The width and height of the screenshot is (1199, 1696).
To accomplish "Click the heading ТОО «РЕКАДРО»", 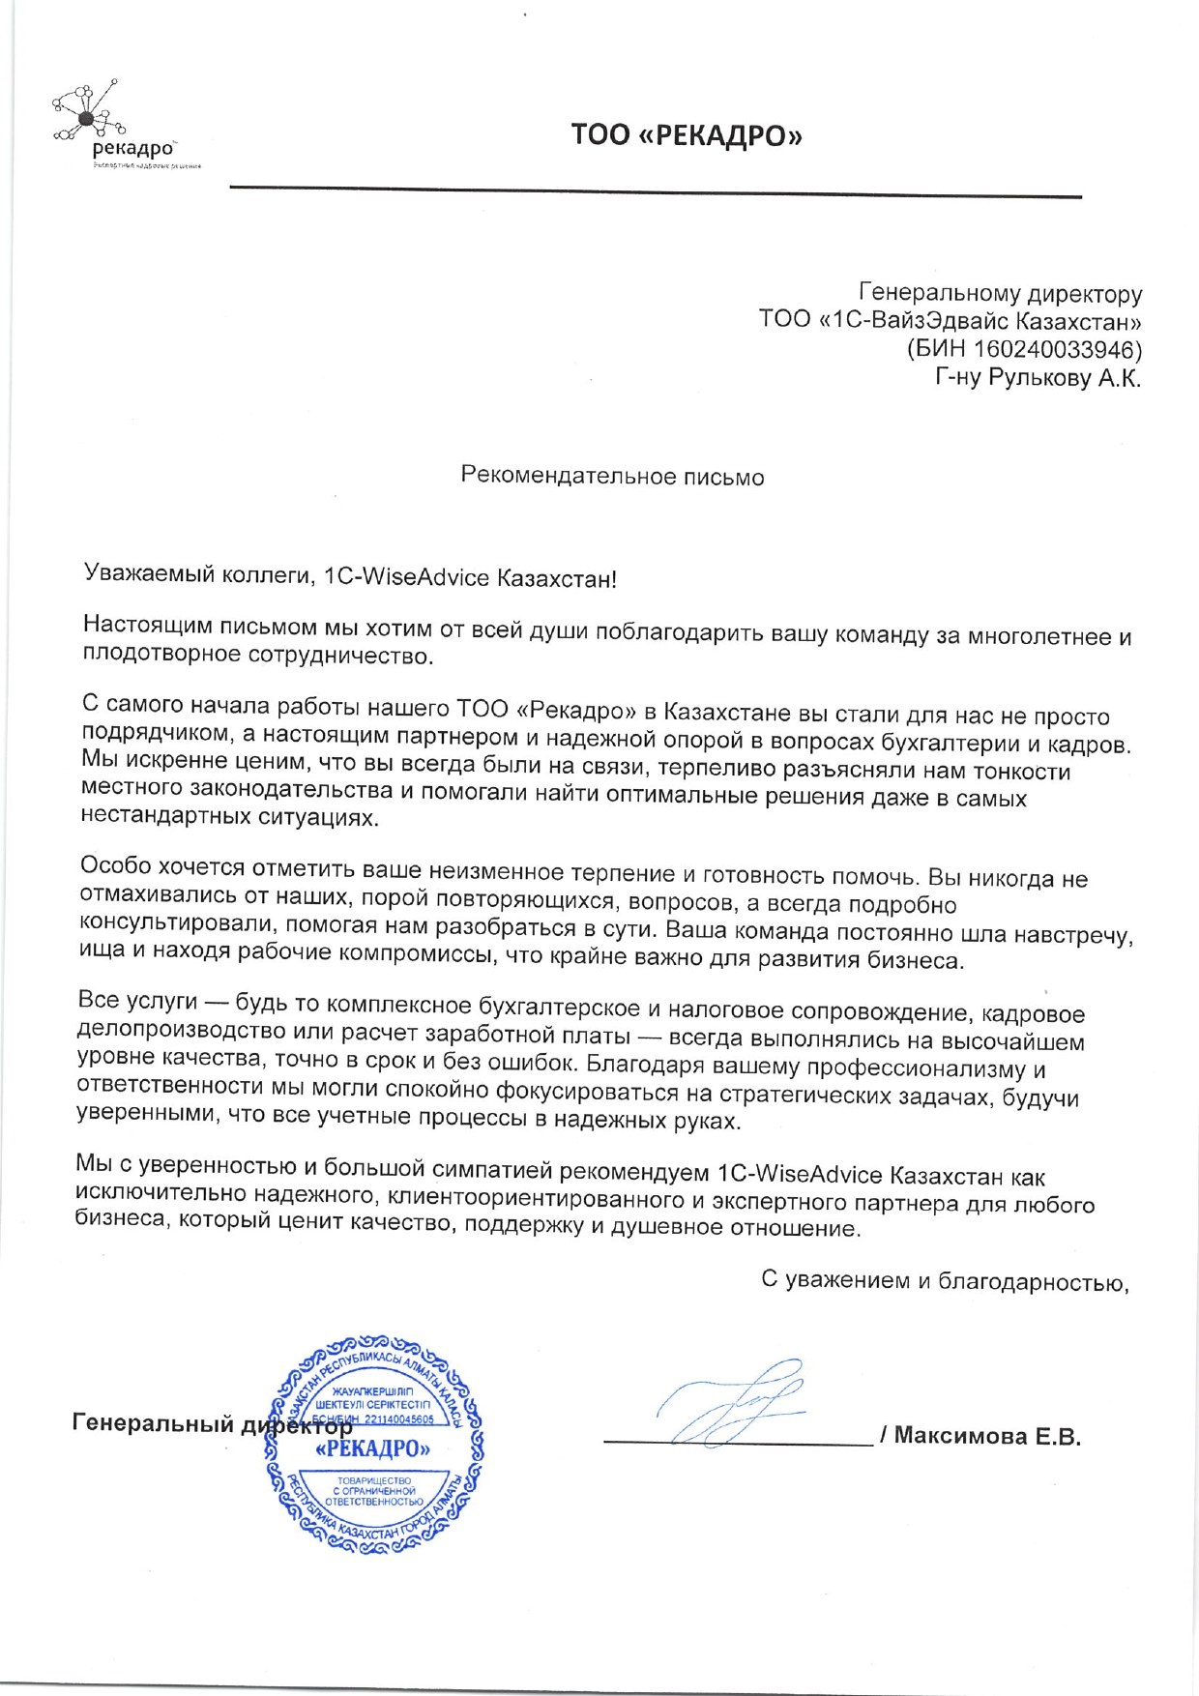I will click(686, 134).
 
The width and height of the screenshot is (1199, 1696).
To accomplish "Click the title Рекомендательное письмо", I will click(612, 477).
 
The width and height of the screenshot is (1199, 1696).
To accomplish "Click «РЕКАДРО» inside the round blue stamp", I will click(372, 1448).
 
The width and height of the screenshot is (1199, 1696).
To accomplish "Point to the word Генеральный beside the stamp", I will click(153, 1423).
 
